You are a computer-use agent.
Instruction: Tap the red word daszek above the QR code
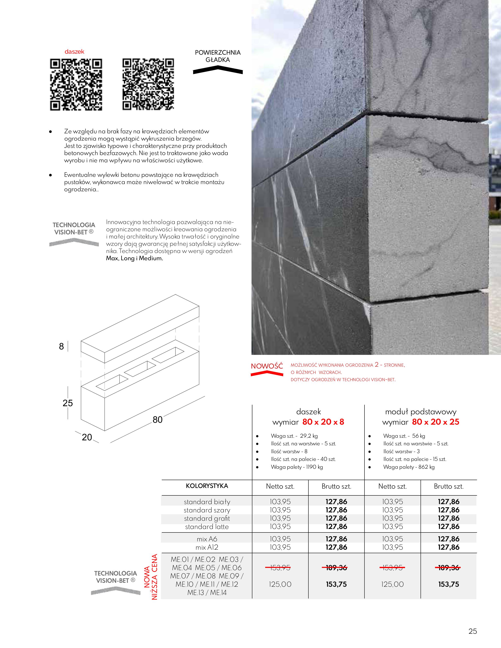click(x=74, y=52)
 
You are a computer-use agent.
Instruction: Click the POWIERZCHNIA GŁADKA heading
click(x=218, y=56)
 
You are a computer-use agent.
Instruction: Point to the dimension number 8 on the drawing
click(x=61, y=346)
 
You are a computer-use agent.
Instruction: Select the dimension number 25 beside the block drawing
click(x=68, y=403)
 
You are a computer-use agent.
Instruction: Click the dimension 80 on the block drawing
click(x=157, y=419)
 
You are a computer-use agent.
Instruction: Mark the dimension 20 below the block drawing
click(x=87, y=437)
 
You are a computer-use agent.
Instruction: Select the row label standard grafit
click(x=207, y=518)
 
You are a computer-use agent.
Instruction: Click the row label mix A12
click(x=207, y=547)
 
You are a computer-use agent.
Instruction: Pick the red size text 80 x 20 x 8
click(x=323, y=422)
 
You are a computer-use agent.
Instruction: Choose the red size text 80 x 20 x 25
click(x=435, y=422)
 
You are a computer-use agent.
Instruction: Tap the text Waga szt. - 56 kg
click(x=404, y=436)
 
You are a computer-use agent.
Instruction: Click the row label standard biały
click(x=207, y=502)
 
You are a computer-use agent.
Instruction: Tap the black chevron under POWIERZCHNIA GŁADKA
click(x=218, y=71)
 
